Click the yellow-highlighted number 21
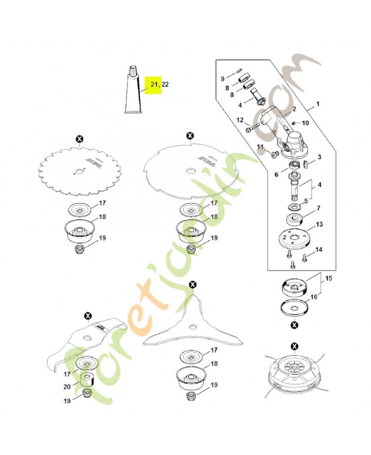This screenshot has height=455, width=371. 154,84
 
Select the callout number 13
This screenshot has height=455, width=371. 319,224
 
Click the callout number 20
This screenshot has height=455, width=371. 67,387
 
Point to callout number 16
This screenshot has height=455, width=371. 314,297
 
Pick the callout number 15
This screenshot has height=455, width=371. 328,278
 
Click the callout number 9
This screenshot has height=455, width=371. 222,78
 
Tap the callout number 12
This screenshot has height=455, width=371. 240,120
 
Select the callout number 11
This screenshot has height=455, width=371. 260,147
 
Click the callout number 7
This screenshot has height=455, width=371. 319,208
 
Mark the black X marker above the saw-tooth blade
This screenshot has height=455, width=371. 79,139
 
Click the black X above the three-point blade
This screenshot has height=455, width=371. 193,285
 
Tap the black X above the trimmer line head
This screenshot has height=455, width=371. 295,346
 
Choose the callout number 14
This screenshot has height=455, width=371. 319,249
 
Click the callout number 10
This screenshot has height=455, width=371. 306,123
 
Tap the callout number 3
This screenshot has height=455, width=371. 319,158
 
